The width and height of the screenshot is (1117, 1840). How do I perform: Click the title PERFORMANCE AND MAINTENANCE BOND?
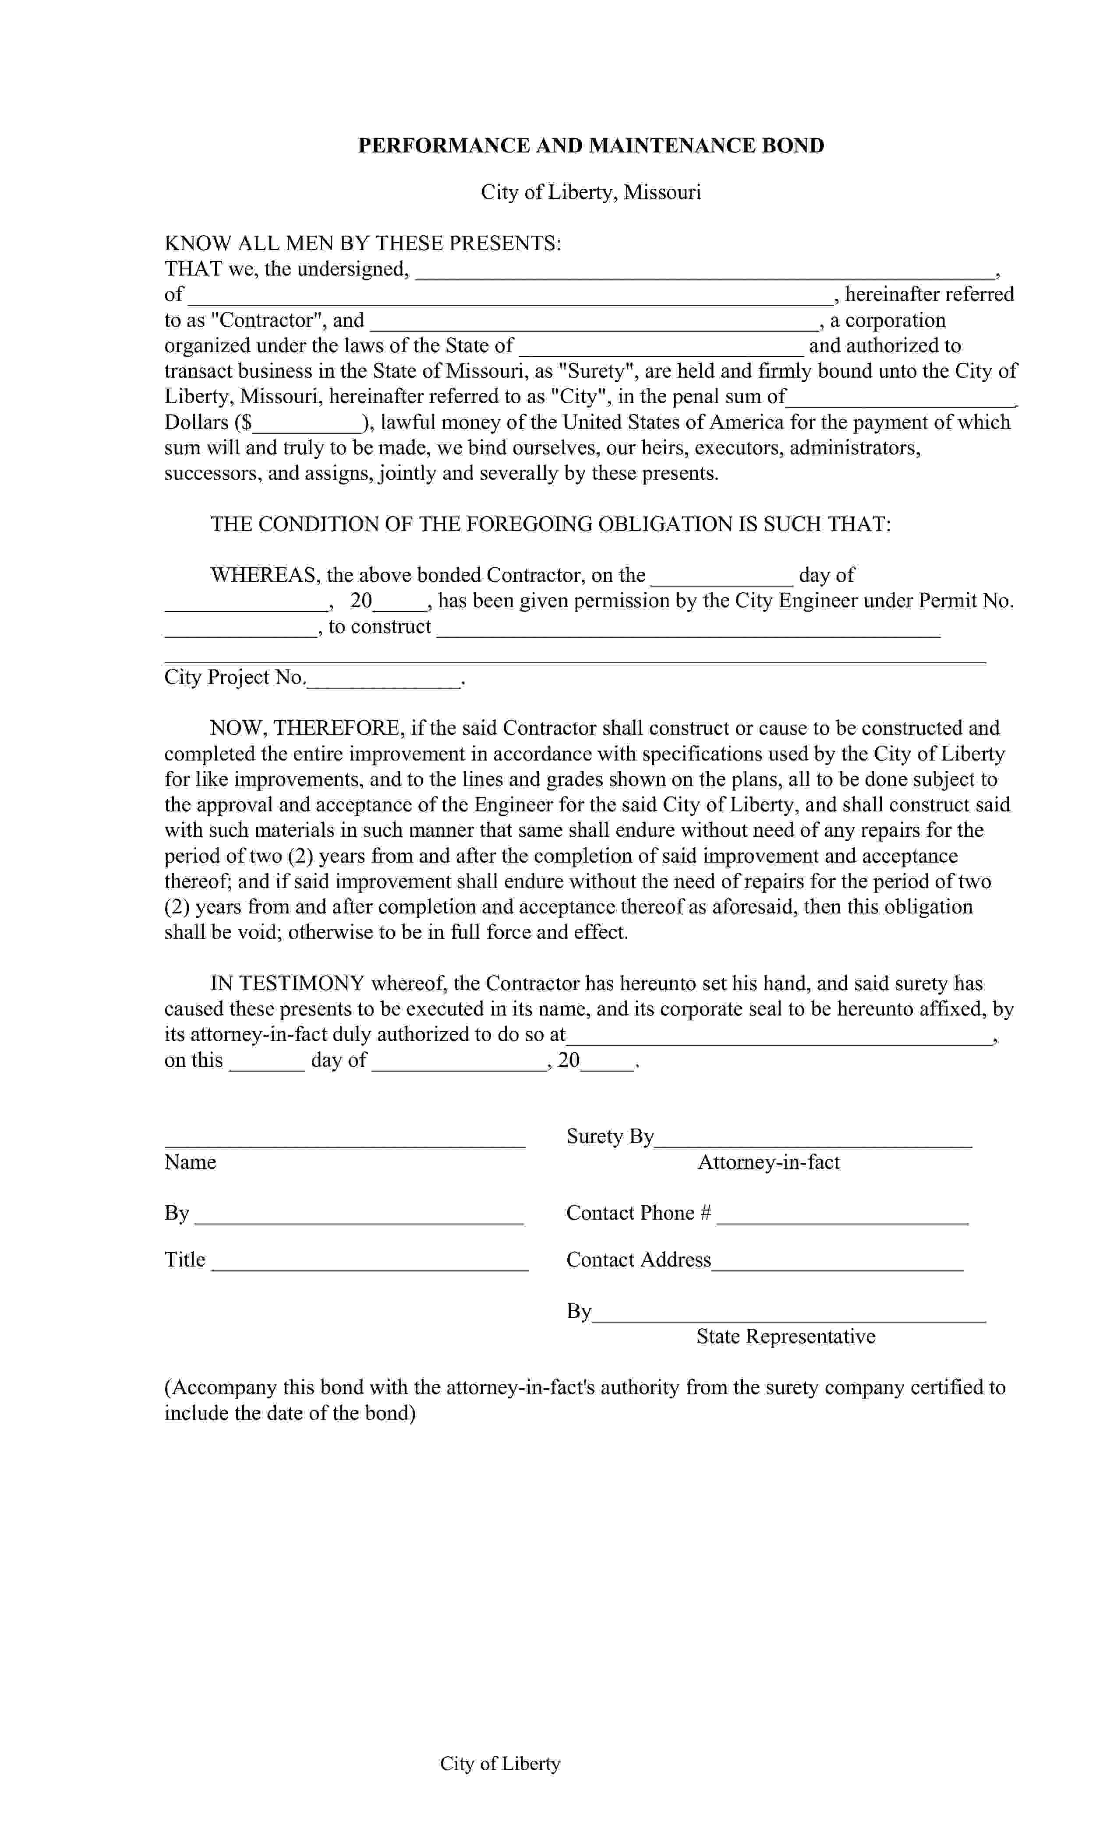[590, 145]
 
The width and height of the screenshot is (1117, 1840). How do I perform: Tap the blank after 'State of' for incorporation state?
[661, 348]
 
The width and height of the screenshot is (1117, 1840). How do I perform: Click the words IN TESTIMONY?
[287, 984]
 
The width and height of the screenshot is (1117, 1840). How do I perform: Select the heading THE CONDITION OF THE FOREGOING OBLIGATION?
[550, 524]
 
